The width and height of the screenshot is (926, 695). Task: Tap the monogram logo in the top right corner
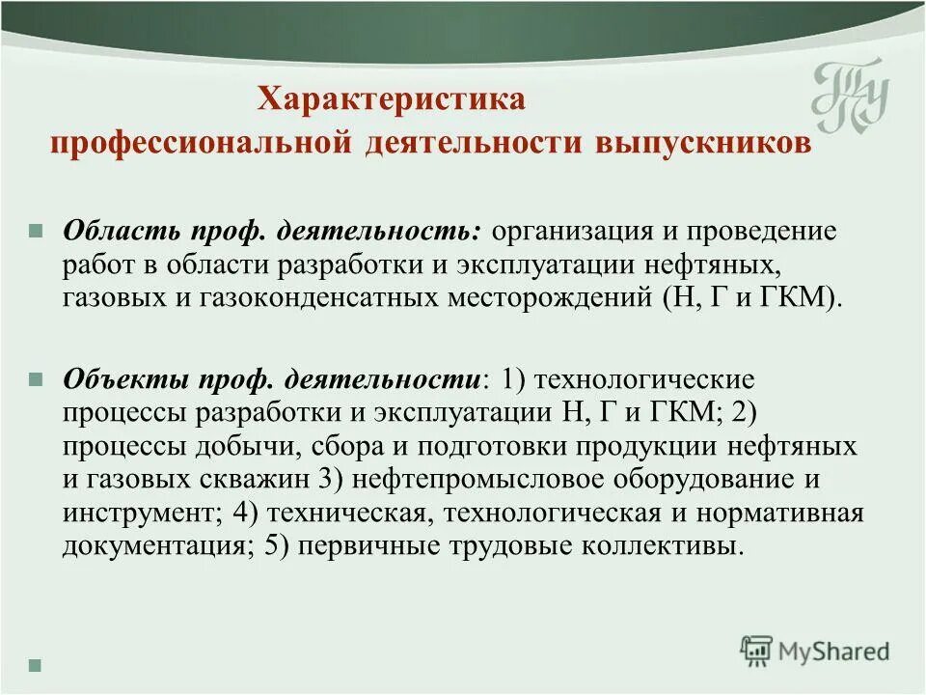pyautogui.click(x=849, y=98)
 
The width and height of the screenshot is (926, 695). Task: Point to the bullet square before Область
pyautogui.click(x=36, y=234)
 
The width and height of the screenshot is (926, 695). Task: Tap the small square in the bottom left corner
pyautogui.click(x=36, y=664)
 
